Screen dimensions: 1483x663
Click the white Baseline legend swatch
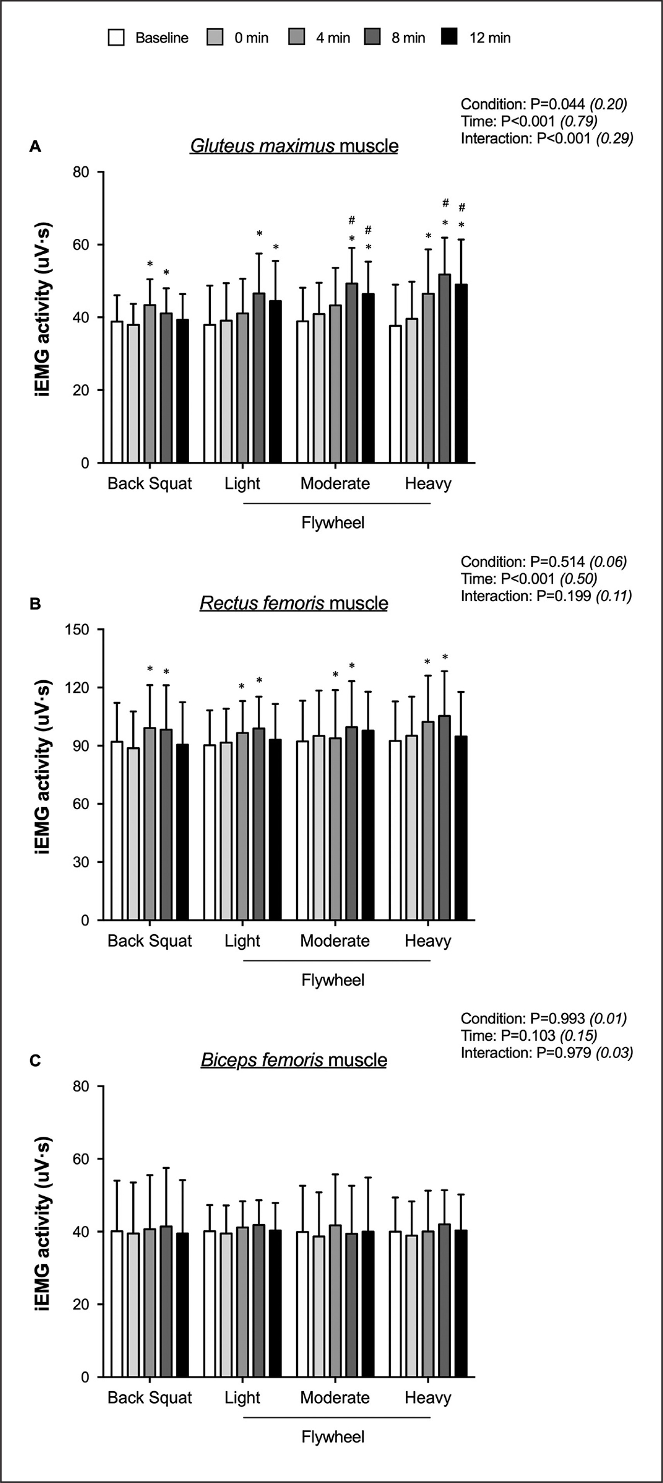[x=116, y=38]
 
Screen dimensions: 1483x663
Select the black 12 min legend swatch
[x=449, y=38]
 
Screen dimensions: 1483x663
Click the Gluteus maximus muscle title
[x=294, y=146]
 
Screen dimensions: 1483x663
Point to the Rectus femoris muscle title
[x=294, y=603]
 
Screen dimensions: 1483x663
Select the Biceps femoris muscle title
[x=294, y=1060]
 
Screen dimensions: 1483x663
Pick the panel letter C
[x=35, y=1060]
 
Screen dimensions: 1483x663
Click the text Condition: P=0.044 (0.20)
[x=543, y=104]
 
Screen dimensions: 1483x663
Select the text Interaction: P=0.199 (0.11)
[x=545, y=596]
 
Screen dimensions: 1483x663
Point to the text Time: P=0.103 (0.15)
[x=528, y=1036]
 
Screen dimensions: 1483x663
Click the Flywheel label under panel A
[x=333, y=523]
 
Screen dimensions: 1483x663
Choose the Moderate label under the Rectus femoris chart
[x=335, y=941]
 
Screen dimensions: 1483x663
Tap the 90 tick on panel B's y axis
[x=81, y=745]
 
